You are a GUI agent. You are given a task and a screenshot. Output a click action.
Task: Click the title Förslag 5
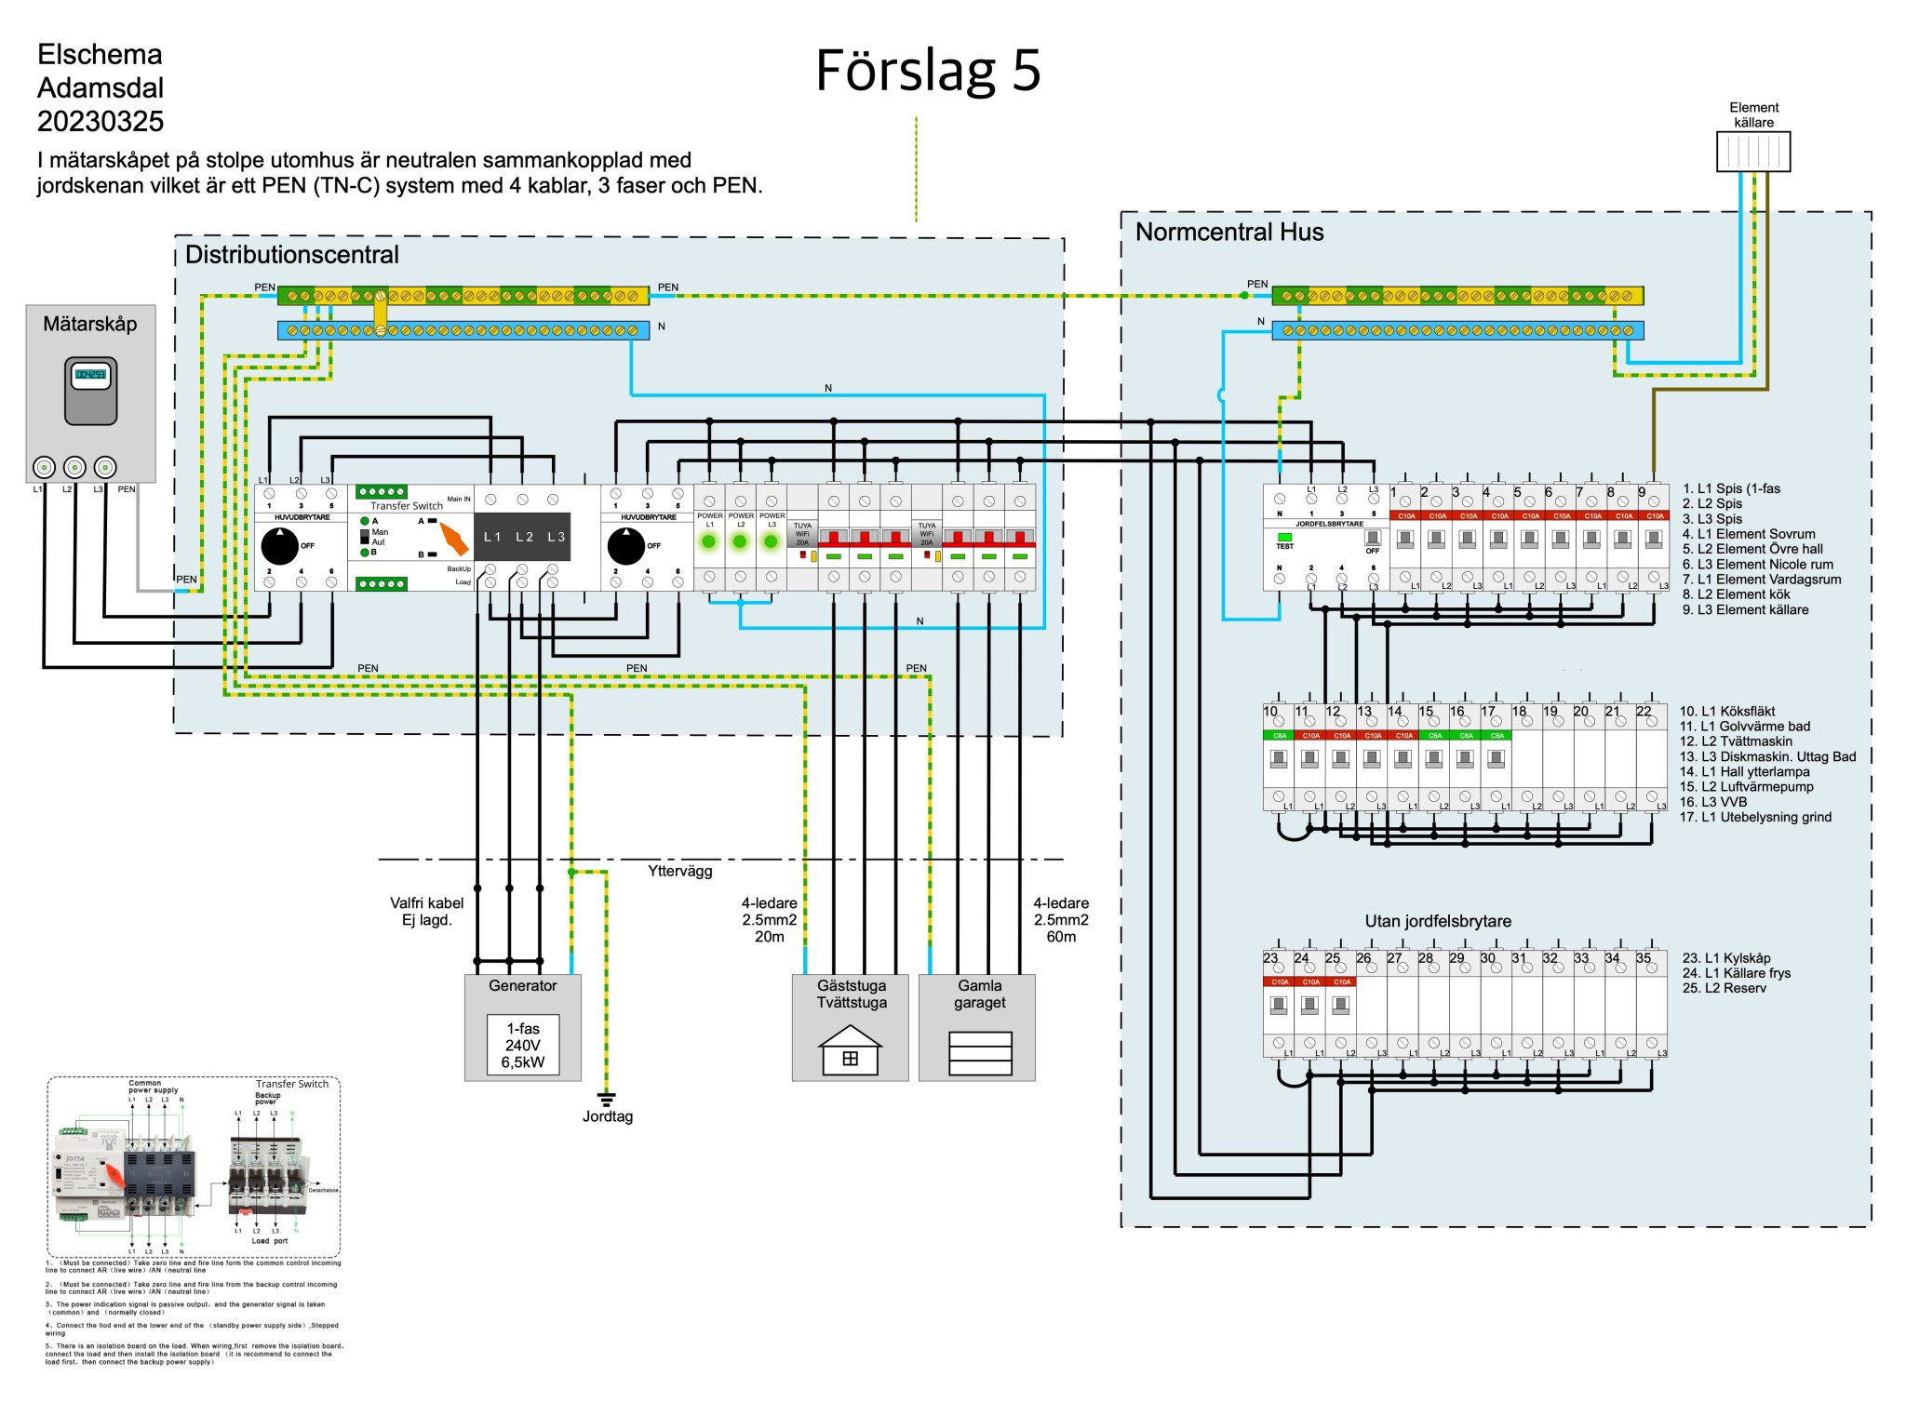point(927,71)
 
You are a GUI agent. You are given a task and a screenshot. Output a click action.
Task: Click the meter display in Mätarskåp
point(90,375)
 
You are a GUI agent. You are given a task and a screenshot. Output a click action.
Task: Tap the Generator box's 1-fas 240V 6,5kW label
point(523,1045)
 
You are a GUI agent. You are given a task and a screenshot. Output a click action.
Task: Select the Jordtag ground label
point(608,1116)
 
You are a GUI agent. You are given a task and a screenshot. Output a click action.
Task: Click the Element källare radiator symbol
point(1753,152)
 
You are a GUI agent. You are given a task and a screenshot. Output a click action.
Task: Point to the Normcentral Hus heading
point(1228,233)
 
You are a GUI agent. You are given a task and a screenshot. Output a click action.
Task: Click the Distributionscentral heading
point(291,255)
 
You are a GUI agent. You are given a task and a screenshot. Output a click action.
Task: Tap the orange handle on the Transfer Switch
point(454,539)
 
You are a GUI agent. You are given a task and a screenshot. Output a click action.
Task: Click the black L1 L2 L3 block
point(523,537)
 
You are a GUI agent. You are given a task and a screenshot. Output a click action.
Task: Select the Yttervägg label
point(679,871)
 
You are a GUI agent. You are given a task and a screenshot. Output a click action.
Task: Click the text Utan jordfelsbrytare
point(1437,921)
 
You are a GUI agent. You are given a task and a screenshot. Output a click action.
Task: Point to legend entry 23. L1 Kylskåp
point(1725,958)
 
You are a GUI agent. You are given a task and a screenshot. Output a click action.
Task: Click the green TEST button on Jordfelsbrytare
point(1284,537)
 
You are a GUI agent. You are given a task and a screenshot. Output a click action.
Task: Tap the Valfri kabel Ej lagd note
point(426,912)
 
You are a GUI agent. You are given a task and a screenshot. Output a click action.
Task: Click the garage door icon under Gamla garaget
point(980,1053)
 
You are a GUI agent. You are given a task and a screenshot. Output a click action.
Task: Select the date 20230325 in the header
point(101,122)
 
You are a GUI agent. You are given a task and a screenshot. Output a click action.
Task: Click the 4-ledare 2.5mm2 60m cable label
point(1061,919)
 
